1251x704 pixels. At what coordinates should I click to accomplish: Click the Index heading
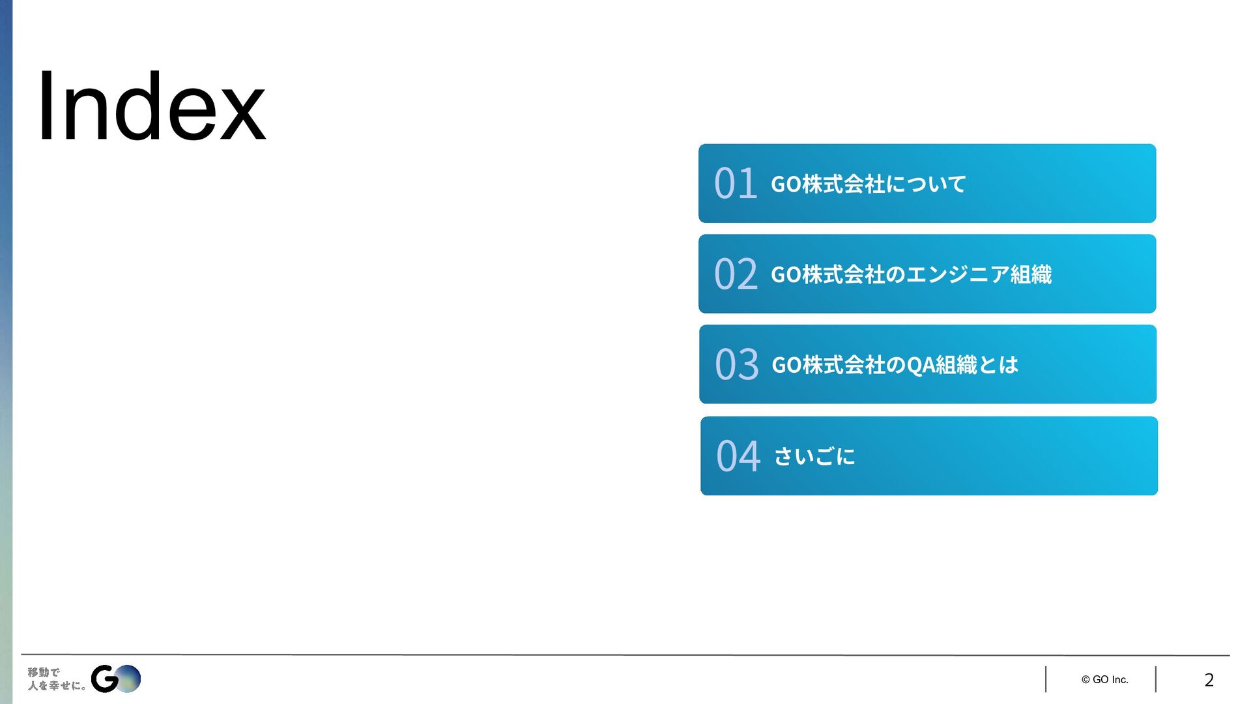(x=151, y=108)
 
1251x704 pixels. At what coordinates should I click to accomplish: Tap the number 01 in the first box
(x=735, y=183)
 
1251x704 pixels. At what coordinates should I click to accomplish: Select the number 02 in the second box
(x=736, y=274)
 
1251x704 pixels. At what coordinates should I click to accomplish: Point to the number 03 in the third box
(x=736, y=364)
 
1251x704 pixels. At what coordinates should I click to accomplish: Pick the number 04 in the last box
(x=738, y=456)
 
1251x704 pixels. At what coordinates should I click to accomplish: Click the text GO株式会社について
(x=868, y=184)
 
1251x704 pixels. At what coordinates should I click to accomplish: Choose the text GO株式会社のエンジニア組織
(x=911, y=274)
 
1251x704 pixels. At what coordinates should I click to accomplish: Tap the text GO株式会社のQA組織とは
(x=895, y=365)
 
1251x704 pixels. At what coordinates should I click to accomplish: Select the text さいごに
(x=814, y=456)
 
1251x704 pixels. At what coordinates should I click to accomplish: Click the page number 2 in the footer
(x=1209, y=680)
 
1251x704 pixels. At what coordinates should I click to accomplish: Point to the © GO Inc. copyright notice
(x=1104, y=680)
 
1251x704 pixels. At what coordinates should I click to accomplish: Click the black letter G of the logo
(x=104, y=679)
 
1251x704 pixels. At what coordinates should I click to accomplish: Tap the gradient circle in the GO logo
(x=128, y=679)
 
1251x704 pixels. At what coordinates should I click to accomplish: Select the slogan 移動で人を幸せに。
(x=56, y=679)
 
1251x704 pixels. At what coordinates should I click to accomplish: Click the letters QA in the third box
(x=920, y=365)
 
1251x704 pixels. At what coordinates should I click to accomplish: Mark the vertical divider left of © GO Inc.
(x=1046, y=679)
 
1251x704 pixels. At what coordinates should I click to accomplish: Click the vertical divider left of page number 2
(x=1156, y=679)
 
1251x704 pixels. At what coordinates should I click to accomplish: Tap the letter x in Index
(x=242, y=115)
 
